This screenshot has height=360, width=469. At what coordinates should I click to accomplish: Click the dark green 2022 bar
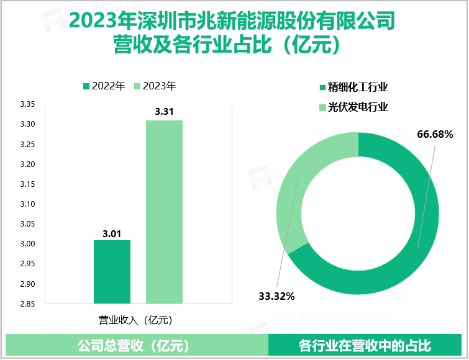coord(112,271)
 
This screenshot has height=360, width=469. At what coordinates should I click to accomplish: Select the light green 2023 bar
coord(164,211)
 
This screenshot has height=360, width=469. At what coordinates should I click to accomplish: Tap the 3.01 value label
coord(112,233)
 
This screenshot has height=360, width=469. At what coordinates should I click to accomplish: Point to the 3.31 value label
coord(164,112)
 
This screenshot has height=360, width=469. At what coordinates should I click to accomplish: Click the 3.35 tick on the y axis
coord(27,104)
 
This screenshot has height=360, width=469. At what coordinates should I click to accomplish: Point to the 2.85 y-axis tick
coord(27,304)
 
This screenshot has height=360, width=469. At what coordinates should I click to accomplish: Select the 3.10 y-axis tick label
coord(27,204)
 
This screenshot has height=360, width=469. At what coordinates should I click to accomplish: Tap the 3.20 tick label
coord(27,164)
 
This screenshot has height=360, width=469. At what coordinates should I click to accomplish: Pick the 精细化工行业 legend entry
coord(353,88)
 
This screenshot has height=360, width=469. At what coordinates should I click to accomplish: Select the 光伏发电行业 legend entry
coord(353,107)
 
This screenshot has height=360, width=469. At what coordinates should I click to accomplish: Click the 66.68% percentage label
coord(435,134)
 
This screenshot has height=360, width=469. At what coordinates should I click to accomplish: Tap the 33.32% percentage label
coord(276,296)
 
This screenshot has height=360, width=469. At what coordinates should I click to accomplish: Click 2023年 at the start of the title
coord(94,22)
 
